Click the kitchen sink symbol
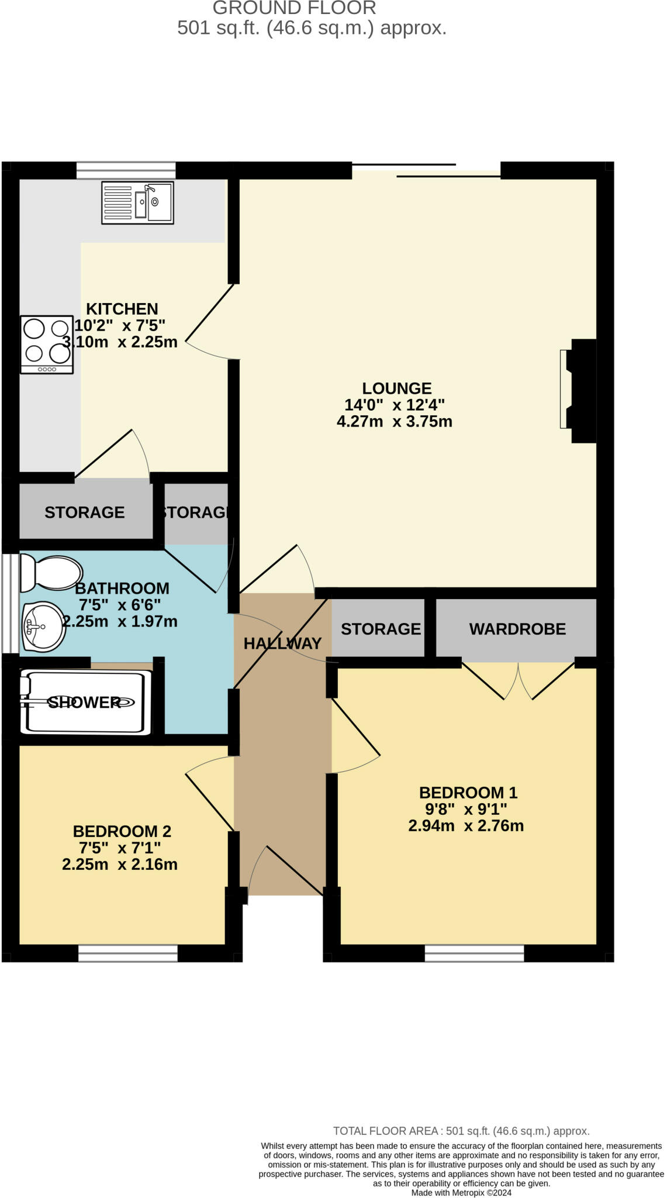137,202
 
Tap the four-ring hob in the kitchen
47,344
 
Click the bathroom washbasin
44,627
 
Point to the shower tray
85,702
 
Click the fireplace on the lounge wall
579,390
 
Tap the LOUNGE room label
396,388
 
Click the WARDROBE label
517,629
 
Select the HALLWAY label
282,643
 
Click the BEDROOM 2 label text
122,831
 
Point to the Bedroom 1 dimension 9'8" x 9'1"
465,810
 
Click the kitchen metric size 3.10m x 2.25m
120,342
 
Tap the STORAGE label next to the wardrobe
381,629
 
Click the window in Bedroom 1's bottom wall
474,953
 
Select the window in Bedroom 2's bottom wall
127,953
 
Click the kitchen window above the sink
126,170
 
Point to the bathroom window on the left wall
9,603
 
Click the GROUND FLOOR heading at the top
294,8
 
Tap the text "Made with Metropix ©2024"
461,1193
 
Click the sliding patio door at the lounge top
427,170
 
